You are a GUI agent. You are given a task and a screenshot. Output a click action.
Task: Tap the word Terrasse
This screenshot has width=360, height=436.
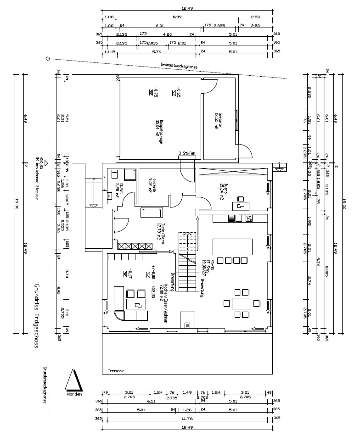tap(116, 371)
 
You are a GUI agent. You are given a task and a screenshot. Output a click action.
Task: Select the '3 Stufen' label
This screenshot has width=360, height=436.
tap(187, 153)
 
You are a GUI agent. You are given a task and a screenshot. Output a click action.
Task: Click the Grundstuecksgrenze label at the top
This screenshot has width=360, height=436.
tap(179, 66)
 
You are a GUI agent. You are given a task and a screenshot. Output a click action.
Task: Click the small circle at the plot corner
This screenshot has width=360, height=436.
tap(48, 59)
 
